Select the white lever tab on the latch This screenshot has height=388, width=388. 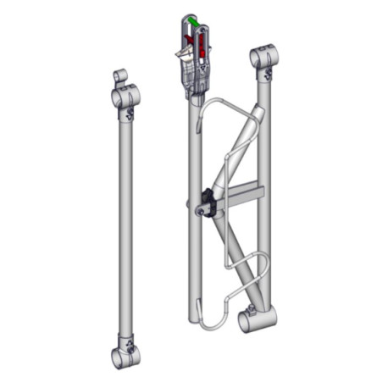pyautogui.click(x=180, y=54)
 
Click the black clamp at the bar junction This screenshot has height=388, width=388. pyautogui.click(x=207, y=202)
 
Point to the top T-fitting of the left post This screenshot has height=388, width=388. pyautogui.click(x=125, y=97)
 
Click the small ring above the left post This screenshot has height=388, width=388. pyautogui.click(x=119, y=76)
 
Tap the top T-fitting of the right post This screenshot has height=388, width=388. pyautogui.click(x=265, y=58)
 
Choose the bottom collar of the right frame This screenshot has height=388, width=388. pyautogui.click(x=256, y=319)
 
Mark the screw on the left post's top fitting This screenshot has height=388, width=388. pyautogui.click(x=129, y=114)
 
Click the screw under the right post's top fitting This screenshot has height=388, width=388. pyautogui.click(x=269, y=75)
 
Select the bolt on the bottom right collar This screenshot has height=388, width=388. pyautogui.click(x=250, y=307)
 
